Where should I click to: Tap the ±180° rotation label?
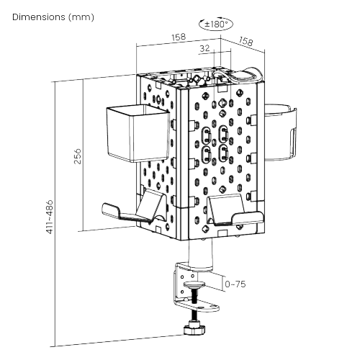click(x=216, y=24)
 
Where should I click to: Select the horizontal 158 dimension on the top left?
click(x=179, y=37)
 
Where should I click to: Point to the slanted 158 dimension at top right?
click(x=245, y=42)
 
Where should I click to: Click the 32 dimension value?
click(x=204, y=49)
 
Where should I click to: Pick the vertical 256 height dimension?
click(x=76, y=156)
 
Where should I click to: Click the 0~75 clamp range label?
click(x=235, y=284)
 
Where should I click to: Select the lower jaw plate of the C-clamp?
click(x=205, y=306)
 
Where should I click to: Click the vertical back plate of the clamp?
click(x=179, y=284)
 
